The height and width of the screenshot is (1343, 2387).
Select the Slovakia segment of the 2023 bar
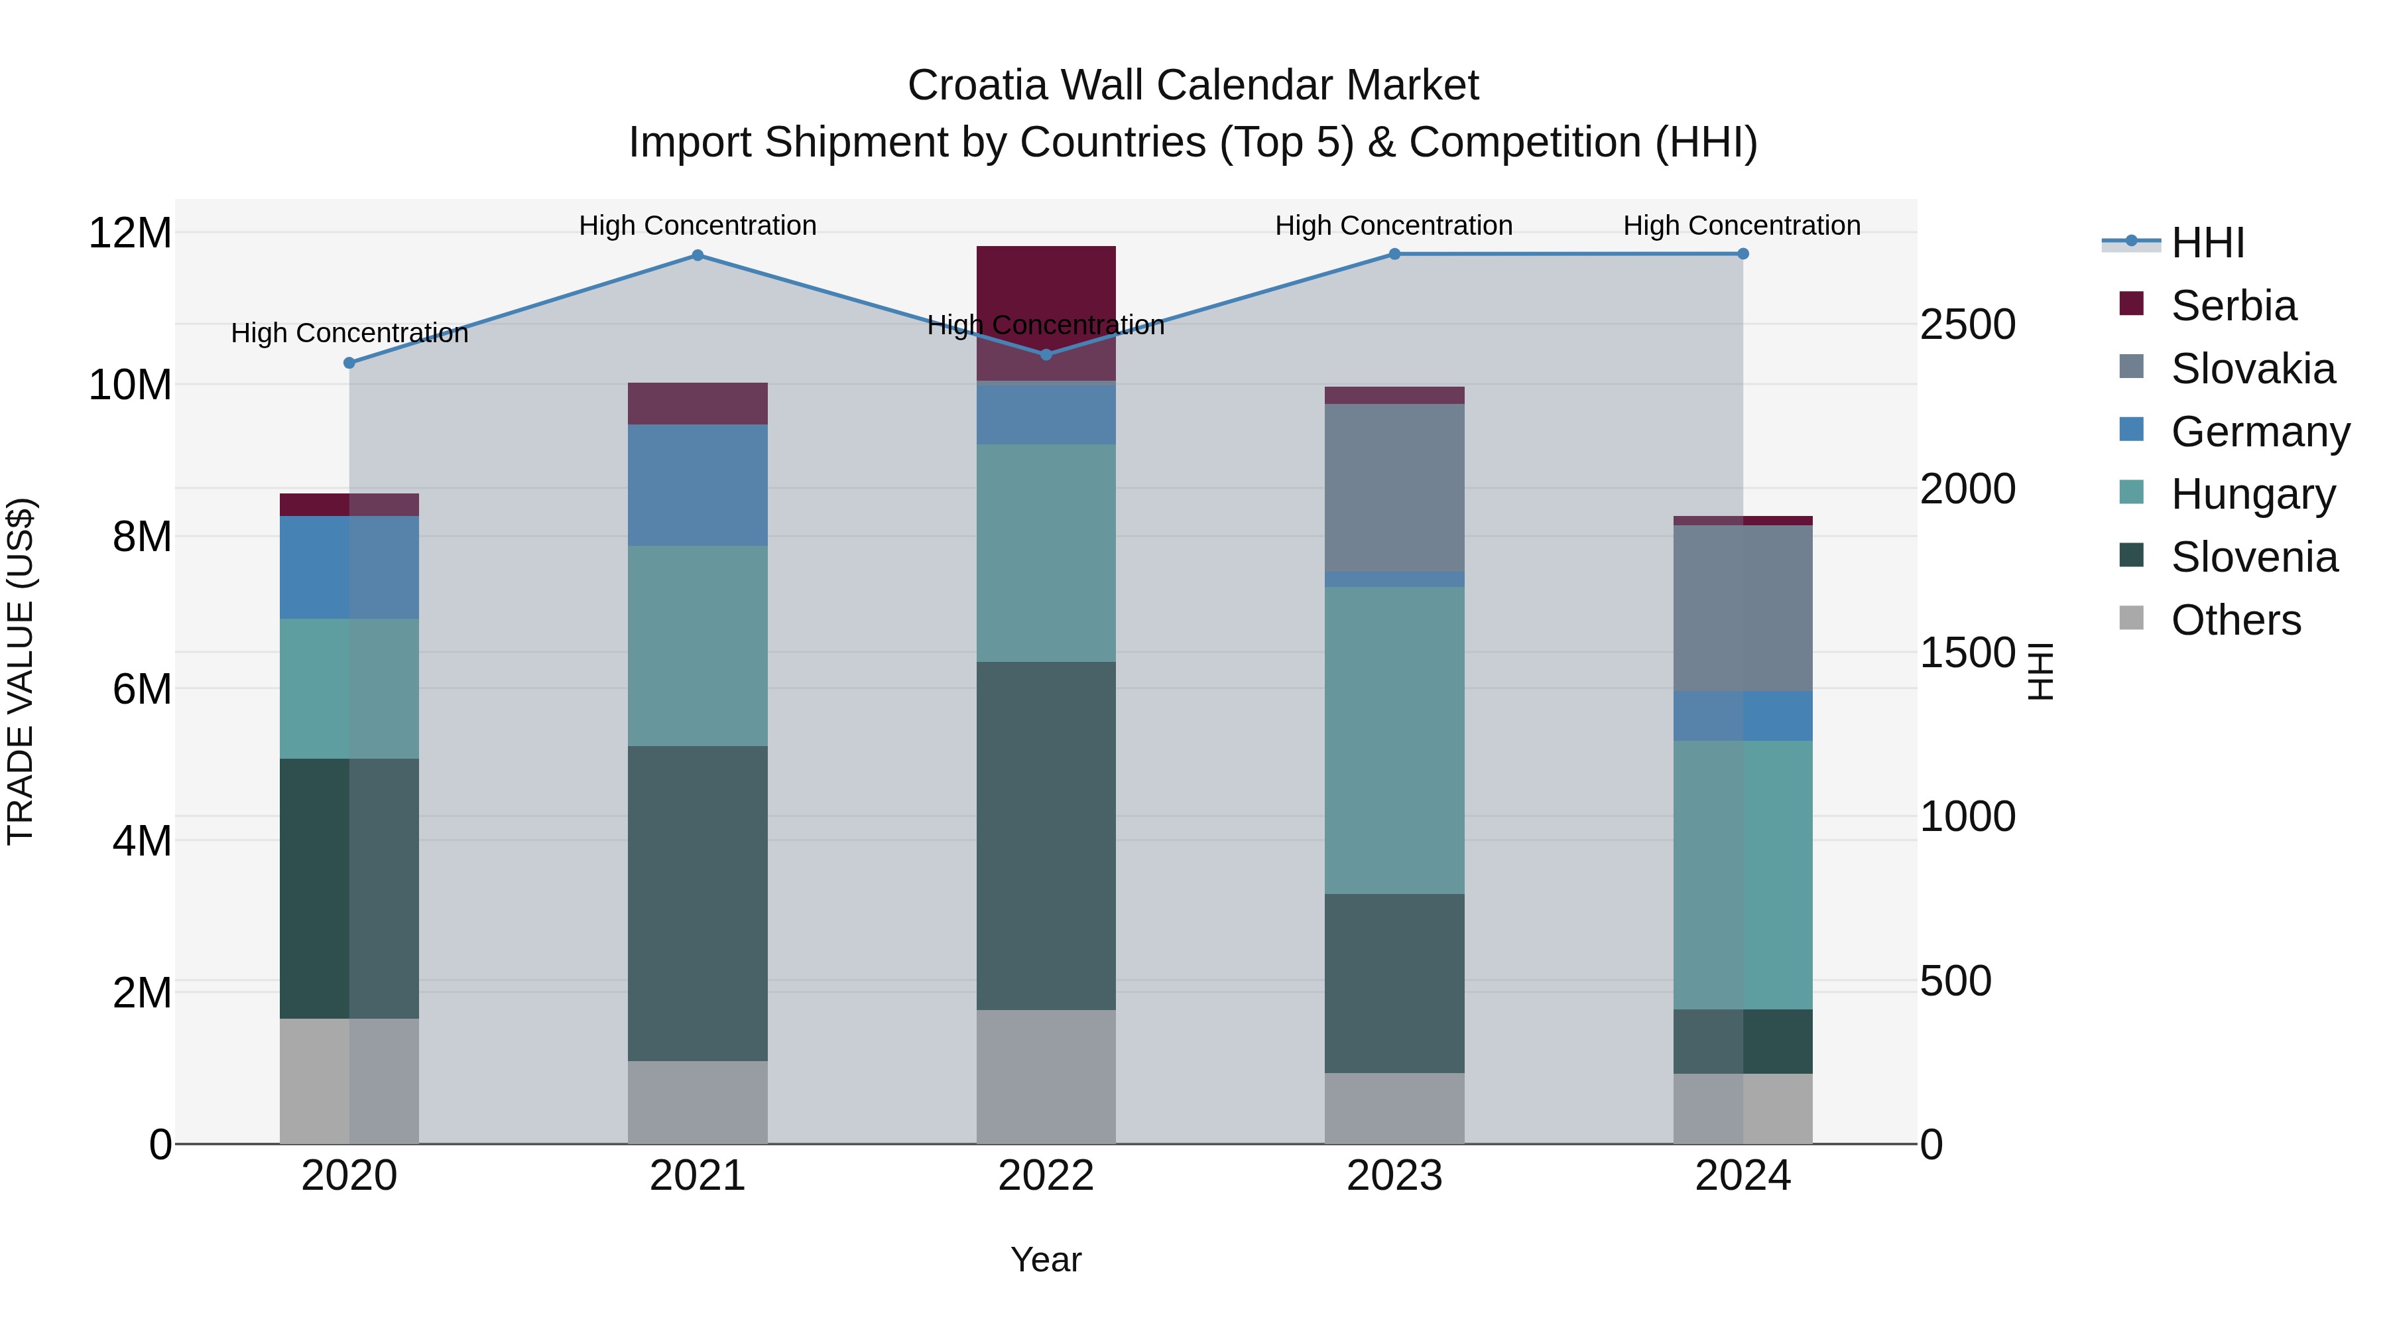(1394, 487)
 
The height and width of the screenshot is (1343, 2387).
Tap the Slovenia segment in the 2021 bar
(697, 904)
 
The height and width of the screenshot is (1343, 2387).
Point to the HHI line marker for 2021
(698, 256)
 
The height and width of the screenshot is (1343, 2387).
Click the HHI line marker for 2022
(1046, 355)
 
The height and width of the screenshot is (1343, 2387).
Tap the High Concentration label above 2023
(1394, 225)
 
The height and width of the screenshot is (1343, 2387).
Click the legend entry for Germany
(2259, 432)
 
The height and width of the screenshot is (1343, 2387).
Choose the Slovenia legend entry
(2254, 558)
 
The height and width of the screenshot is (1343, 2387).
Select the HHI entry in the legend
(2207, 243)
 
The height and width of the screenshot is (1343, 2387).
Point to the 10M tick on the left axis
(130, 385)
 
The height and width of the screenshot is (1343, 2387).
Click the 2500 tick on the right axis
(1967, 326)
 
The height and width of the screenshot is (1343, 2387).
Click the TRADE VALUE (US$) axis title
(21, 671)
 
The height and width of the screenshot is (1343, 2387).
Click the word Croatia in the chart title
(977, 86)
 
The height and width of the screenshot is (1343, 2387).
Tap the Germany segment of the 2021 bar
(697, 485)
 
